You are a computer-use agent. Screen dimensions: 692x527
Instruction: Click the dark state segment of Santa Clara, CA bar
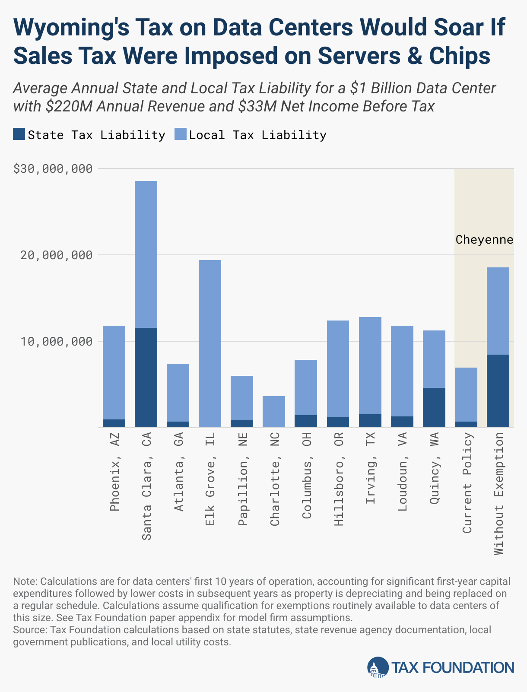pyautogui.click(x=146, y=378)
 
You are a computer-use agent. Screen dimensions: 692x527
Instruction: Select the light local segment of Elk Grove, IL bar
pyautogui.click(x=210, y=343)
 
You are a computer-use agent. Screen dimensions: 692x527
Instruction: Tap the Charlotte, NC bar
pyautogui.click(x=274, y=412)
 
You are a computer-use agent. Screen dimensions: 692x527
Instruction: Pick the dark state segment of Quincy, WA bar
pyautogui.click(x=434, y=407)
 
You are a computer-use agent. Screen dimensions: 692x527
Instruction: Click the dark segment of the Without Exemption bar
pyautogui.click(x=498, y=391)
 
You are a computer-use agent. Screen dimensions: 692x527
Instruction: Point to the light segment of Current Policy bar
pyautogui.click(x=466, y=394)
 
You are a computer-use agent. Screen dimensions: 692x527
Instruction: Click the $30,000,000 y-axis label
pyautogui.click(x=53, y=169)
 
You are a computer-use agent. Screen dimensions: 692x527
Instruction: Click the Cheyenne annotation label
pyautogui.click(x=484, y=239)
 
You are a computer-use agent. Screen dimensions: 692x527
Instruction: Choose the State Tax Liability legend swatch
pyautogui.click(x=19, y=134)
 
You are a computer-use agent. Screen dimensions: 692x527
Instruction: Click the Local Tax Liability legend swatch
pyautogui.click(x=180, y=134)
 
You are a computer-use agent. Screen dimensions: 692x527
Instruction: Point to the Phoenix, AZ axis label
pyautogui.click(x=114, y=473)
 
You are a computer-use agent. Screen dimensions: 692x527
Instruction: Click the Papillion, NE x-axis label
pyautogui.click(x=242, y=479)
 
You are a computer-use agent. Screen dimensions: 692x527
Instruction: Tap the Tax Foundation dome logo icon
pyautogui.click(x=378, y=667)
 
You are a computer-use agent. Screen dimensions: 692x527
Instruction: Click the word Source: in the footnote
pyautogui.click(x=30, y=629)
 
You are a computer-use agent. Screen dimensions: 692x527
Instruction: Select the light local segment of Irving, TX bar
pyautogui.click(x=370, y=365)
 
